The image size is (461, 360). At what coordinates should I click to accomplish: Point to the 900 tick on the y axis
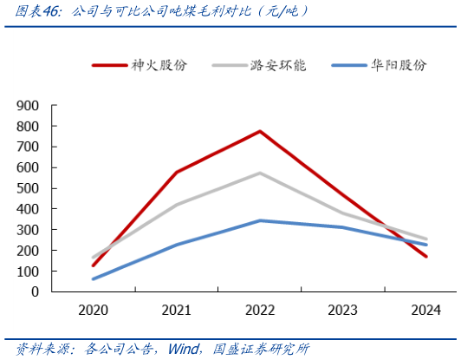[x=29, y=105]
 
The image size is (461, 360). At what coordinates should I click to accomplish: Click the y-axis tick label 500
[x=29, y=188]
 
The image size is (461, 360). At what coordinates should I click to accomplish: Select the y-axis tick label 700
[x=29, y=147]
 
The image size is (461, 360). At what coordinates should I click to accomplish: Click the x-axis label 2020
[x=93, y=311]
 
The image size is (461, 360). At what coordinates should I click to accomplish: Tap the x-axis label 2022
[x=259, y=311]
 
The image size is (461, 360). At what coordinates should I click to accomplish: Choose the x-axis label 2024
[x=425, y=311]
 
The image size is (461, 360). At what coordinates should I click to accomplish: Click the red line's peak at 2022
[x=259, y=131]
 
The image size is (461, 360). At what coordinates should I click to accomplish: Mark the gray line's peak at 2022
[x=259, y=173]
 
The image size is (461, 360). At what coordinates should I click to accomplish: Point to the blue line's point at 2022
[x=259, y=220]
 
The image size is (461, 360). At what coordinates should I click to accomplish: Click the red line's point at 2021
[x=176, y=172]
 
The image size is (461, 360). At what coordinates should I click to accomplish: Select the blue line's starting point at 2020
[x=93, y=279]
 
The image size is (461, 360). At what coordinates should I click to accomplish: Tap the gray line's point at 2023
[x=342, y=213]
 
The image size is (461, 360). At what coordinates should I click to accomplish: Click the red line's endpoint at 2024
[x=425, y=257]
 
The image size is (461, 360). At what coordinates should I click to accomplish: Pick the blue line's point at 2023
[x=342, y=227]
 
